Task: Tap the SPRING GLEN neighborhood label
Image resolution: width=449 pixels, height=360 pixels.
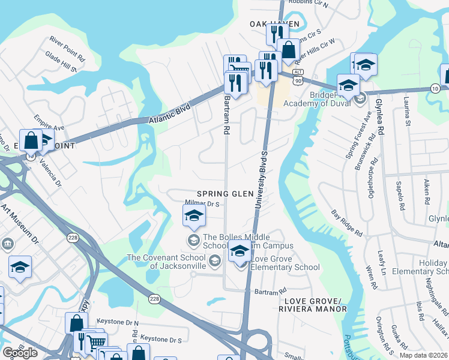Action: click(x=221, y=194)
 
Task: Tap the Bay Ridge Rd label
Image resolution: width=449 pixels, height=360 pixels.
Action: click(x=347, y=222)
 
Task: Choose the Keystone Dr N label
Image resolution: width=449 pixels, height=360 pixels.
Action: click(x=118, y=322)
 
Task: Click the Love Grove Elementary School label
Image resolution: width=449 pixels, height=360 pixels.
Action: click(x=286, y=267)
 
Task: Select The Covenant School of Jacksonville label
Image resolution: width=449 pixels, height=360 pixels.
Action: click(x=167, y=262)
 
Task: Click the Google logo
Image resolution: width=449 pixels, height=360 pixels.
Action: click(x=20, y=353)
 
